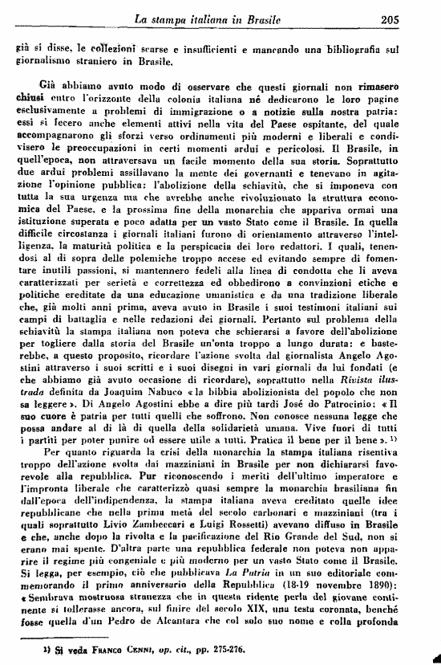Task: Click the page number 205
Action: coord(414,18)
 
